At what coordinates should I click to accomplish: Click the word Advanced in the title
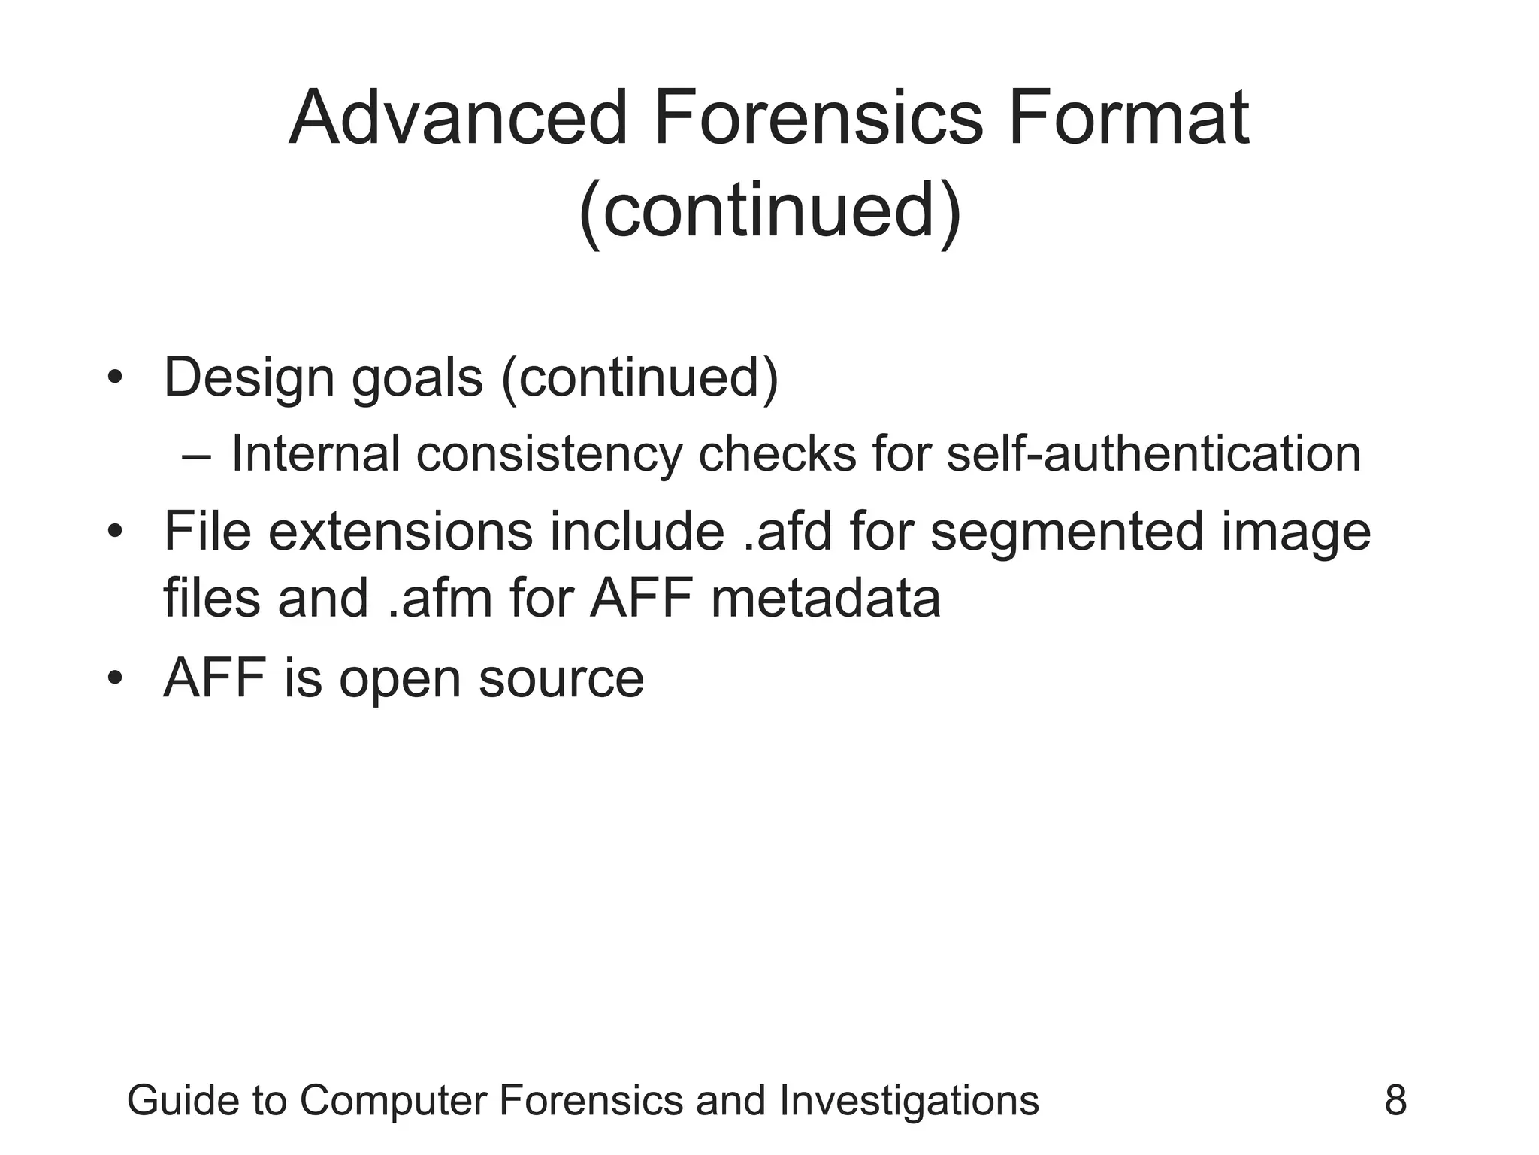[x=458, y=118]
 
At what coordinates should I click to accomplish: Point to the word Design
[x=249, y=377]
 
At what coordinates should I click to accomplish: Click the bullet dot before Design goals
[x=114, y=377]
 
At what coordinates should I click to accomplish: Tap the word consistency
[x=549, y=455]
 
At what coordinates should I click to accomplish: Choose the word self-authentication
[x=1153, y=454]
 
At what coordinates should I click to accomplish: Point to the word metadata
[x=825, y=599]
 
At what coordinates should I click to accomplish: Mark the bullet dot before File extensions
[x=114, y=532]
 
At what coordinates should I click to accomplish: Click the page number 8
[x=1395, y=1101]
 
